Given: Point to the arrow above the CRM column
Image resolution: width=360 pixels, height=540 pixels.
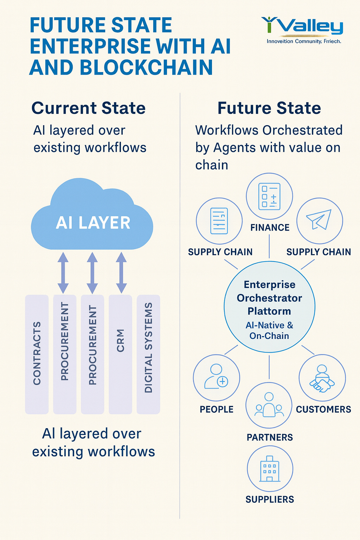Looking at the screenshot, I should point(121,272).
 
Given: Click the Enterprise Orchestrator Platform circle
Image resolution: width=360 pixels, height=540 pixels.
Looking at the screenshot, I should point(269,307).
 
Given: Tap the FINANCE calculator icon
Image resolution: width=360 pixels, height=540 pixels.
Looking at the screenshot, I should point(269,196).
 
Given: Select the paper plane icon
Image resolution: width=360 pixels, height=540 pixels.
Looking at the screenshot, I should point(319,220).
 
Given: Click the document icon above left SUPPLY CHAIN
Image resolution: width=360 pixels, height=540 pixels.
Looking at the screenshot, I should point(219,221).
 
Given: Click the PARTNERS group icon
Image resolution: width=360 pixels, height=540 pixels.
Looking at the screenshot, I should point(269,405).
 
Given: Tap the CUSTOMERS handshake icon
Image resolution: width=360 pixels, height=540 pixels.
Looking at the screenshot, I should point(322,378).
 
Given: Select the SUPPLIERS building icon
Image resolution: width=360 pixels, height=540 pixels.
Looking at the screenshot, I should point(270,469).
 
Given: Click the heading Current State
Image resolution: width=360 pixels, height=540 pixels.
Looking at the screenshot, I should point(89,108).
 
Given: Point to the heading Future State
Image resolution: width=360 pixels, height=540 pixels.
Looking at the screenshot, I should point(269,108).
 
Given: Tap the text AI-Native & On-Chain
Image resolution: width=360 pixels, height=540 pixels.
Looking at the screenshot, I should point(269,330).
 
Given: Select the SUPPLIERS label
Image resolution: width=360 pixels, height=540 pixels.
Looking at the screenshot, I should point(270,499).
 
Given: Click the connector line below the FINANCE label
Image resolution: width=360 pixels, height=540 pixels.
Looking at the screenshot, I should point(269,246).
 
